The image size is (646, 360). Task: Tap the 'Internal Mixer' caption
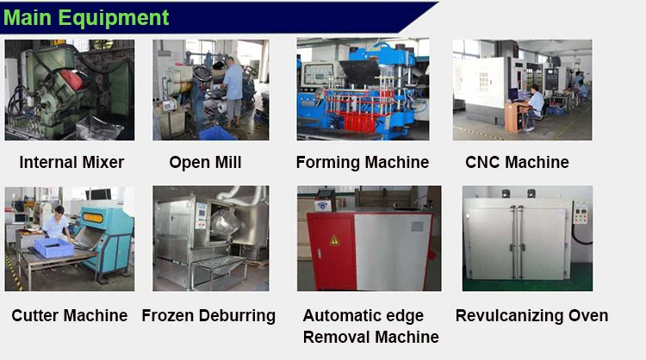click(x=71, y=162)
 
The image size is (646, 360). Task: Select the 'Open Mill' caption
click(x=205, y=162)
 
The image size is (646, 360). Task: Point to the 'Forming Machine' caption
click(x=362, y=162)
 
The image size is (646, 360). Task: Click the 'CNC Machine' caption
click(x=517, y=162)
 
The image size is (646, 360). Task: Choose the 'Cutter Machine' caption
click(x=70, y=315)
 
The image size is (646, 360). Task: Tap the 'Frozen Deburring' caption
click(x=208, y=315)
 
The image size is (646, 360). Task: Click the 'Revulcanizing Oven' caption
click(x=531, y=315)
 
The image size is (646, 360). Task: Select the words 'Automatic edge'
click(x=363, y=316)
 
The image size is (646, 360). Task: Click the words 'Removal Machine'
click(x=370, y=337)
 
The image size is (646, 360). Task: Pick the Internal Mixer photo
click(x=70, y=90)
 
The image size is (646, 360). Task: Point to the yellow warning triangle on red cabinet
click(x=334, y=240)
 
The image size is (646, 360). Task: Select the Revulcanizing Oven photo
click(x=527, y=238)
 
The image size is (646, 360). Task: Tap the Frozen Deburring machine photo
click(x=210, y=238)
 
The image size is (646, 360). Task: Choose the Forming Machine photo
click(x=363, y=90)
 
